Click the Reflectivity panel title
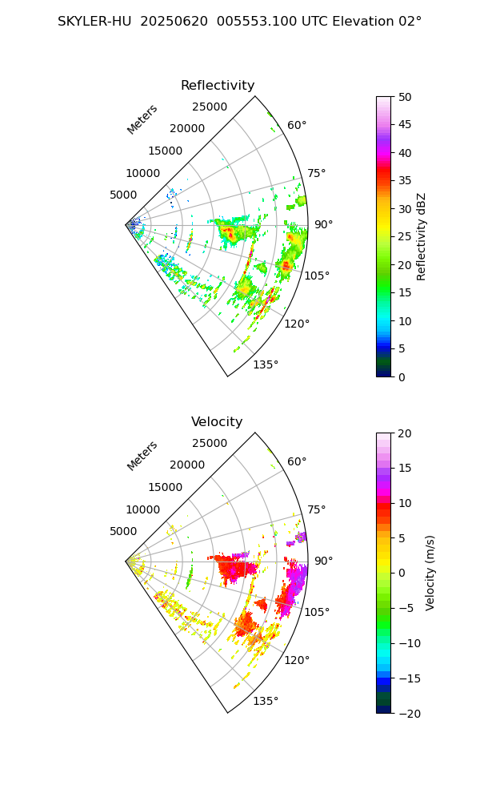218,86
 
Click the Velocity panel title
217,422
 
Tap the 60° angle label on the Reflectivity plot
297,125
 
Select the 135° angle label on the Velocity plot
266,701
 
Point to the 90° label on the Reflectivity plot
323,224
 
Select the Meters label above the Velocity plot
142,456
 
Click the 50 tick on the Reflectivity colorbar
406,97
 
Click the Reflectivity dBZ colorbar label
422,236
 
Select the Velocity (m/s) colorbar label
430,573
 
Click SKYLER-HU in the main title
94,22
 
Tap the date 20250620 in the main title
170,22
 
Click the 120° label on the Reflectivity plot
297,324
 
